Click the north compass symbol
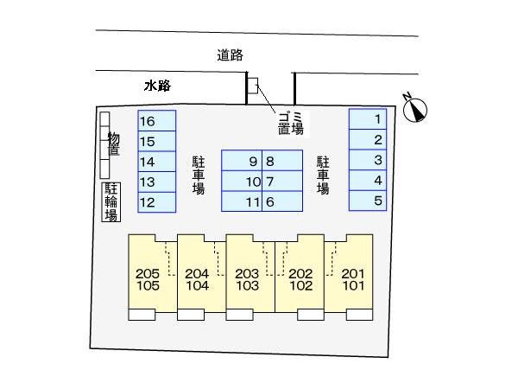(415, 110)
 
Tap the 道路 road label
(230, 55)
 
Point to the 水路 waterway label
(158, 86)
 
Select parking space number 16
(157, 121)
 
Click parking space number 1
(368, 119)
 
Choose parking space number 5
(368, 201)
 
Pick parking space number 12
(157, 202)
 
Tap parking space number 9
(242, 161)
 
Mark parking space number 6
(282, 201)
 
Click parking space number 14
(157, 162)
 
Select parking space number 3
(368, 160)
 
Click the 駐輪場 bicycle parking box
(111, 202)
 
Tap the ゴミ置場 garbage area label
(291, 123)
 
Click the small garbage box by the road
(253, 86)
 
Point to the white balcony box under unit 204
(191, 315)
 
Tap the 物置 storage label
(114, 143)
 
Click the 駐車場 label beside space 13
(199, 175)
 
